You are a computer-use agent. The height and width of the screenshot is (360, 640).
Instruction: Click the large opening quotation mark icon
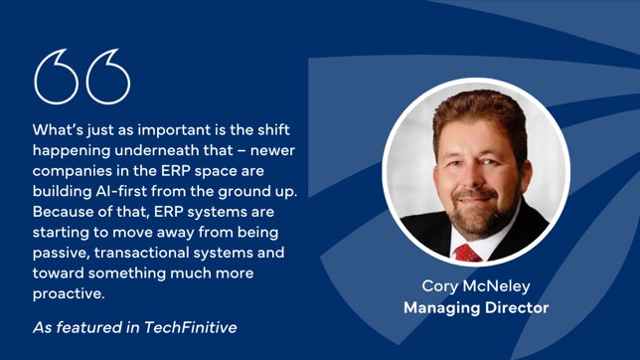click(82, 77)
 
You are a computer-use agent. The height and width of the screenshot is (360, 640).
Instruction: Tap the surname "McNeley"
click(499, 287)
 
